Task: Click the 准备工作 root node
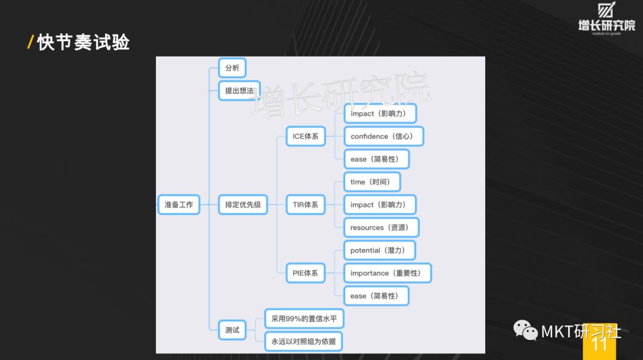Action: click(179, 205)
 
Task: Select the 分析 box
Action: click(232, 68)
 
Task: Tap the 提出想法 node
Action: click(239, 91)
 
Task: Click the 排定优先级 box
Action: click(243, 205)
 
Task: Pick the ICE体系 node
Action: click(305, 136)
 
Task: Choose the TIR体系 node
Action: click(305, 205)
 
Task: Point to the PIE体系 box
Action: click(305, 273)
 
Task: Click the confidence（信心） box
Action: click(384, 136)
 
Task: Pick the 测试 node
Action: click(232, 330)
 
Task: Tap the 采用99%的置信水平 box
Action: click(304, 319)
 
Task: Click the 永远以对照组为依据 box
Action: click(304, 342)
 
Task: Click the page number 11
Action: click(600, 344)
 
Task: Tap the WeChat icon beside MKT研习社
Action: click(526, 331)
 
